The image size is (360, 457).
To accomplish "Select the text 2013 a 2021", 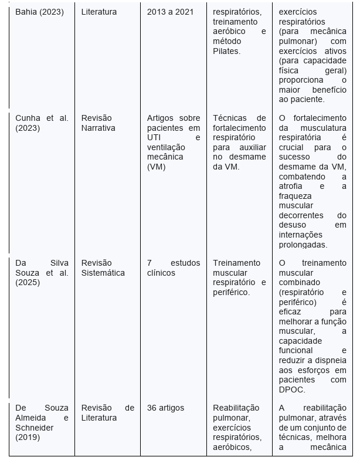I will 169,12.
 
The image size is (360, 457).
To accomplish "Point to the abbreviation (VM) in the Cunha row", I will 157,167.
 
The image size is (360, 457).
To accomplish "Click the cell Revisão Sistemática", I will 103,268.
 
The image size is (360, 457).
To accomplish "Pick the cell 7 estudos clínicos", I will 173,268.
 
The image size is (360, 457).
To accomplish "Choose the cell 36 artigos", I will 165,408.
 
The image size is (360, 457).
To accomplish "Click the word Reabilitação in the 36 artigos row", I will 236,408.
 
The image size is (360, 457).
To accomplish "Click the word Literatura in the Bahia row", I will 99,12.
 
